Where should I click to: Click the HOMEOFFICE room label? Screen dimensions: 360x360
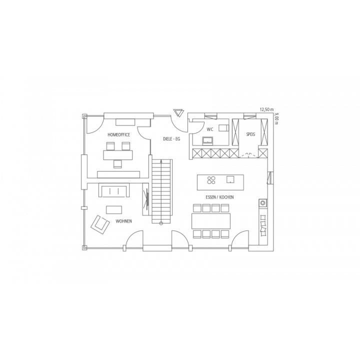(118, 135)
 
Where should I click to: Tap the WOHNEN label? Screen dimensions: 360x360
(124, 221)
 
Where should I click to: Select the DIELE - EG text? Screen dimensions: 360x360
(171, 139)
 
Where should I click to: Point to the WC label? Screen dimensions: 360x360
(210, 129)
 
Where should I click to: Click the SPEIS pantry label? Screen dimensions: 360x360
(250, 134)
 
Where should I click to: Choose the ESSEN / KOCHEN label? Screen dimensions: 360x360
(219, 197)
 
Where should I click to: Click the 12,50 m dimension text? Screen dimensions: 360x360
(267, 109)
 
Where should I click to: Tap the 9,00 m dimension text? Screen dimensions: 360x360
(276, 118)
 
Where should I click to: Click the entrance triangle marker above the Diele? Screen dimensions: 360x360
(178, 113)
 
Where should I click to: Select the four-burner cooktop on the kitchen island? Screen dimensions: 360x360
(211, 180)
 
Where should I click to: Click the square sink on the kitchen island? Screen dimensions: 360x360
(230, 179)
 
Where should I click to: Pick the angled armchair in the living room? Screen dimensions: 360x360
(100, 224)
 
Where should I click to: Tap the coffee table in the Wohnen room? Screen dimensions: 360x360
(114, 210)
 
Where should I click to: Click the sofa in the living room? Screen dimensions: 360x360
(114, 190)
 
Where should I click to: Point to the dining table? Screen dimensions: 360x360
(211, 221)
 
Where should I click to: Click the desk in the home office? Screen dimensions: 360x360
(118, 155)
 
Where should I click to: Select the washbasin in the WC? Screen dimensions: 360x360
(207, 140)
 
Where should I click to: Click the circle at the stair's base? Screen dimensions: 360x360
(161, 223)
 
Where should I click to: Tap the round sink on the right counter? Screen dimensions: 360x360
(263, 202)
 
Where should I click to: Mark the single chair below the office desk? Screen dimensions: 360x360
(118, 164)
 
